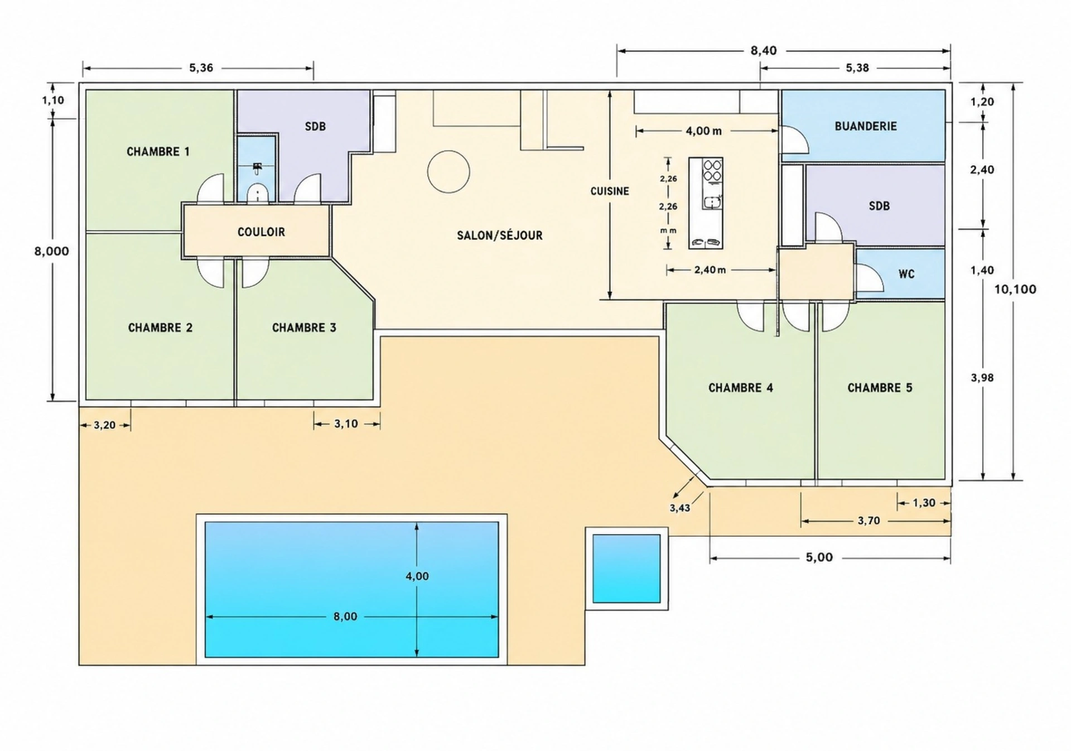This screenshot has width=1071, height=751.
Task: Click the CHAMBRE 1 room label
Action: coord(158,152)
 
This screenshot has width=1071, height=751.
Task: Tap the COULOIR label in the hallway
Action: coord(261,232)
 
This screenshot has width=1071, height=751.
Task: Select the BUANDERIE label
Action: coord(866,126)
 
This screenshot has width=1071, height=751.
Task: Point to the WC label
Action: coord(906,274)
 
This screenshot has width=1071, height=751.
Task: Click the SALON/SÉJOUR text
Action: coord(500,235)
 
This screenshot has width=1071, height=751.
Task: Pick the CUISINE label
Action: coord(610,191)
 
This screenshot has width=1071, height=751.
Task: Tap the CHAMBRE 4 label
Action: coord(741,388)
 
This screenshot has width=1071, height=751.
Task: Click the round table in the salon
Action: coord(448,172)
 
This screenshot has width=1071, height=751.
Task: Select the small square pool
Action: coord(626,569)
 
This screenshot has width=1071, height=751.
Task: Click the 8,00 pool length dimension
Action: coord(345,617)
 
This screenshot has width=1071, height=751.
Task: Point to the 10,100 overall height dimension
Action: coord(1015,289)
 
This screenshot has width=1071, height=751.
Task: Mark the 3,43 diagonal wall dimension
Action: coord(679,508)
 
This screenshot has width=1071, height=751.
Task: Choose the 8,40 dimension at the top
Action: coord(763,51)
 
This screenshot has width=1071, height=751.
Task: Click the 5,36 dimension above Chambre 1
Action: coord(201,68)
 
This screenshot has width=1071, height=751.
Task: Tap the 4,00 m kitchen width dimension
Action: coord(703,131)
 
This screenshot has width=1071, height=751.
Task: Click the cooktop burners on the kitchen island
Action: coord(712,170)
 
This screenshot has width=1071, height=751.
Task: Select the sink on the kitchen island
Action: coord(712,203)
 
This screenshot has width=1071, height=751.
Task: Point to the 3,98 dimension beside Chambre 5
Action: coord(982,378)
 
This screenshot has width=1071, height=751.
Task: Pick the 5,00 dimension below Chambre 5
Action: coord(819,557)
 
